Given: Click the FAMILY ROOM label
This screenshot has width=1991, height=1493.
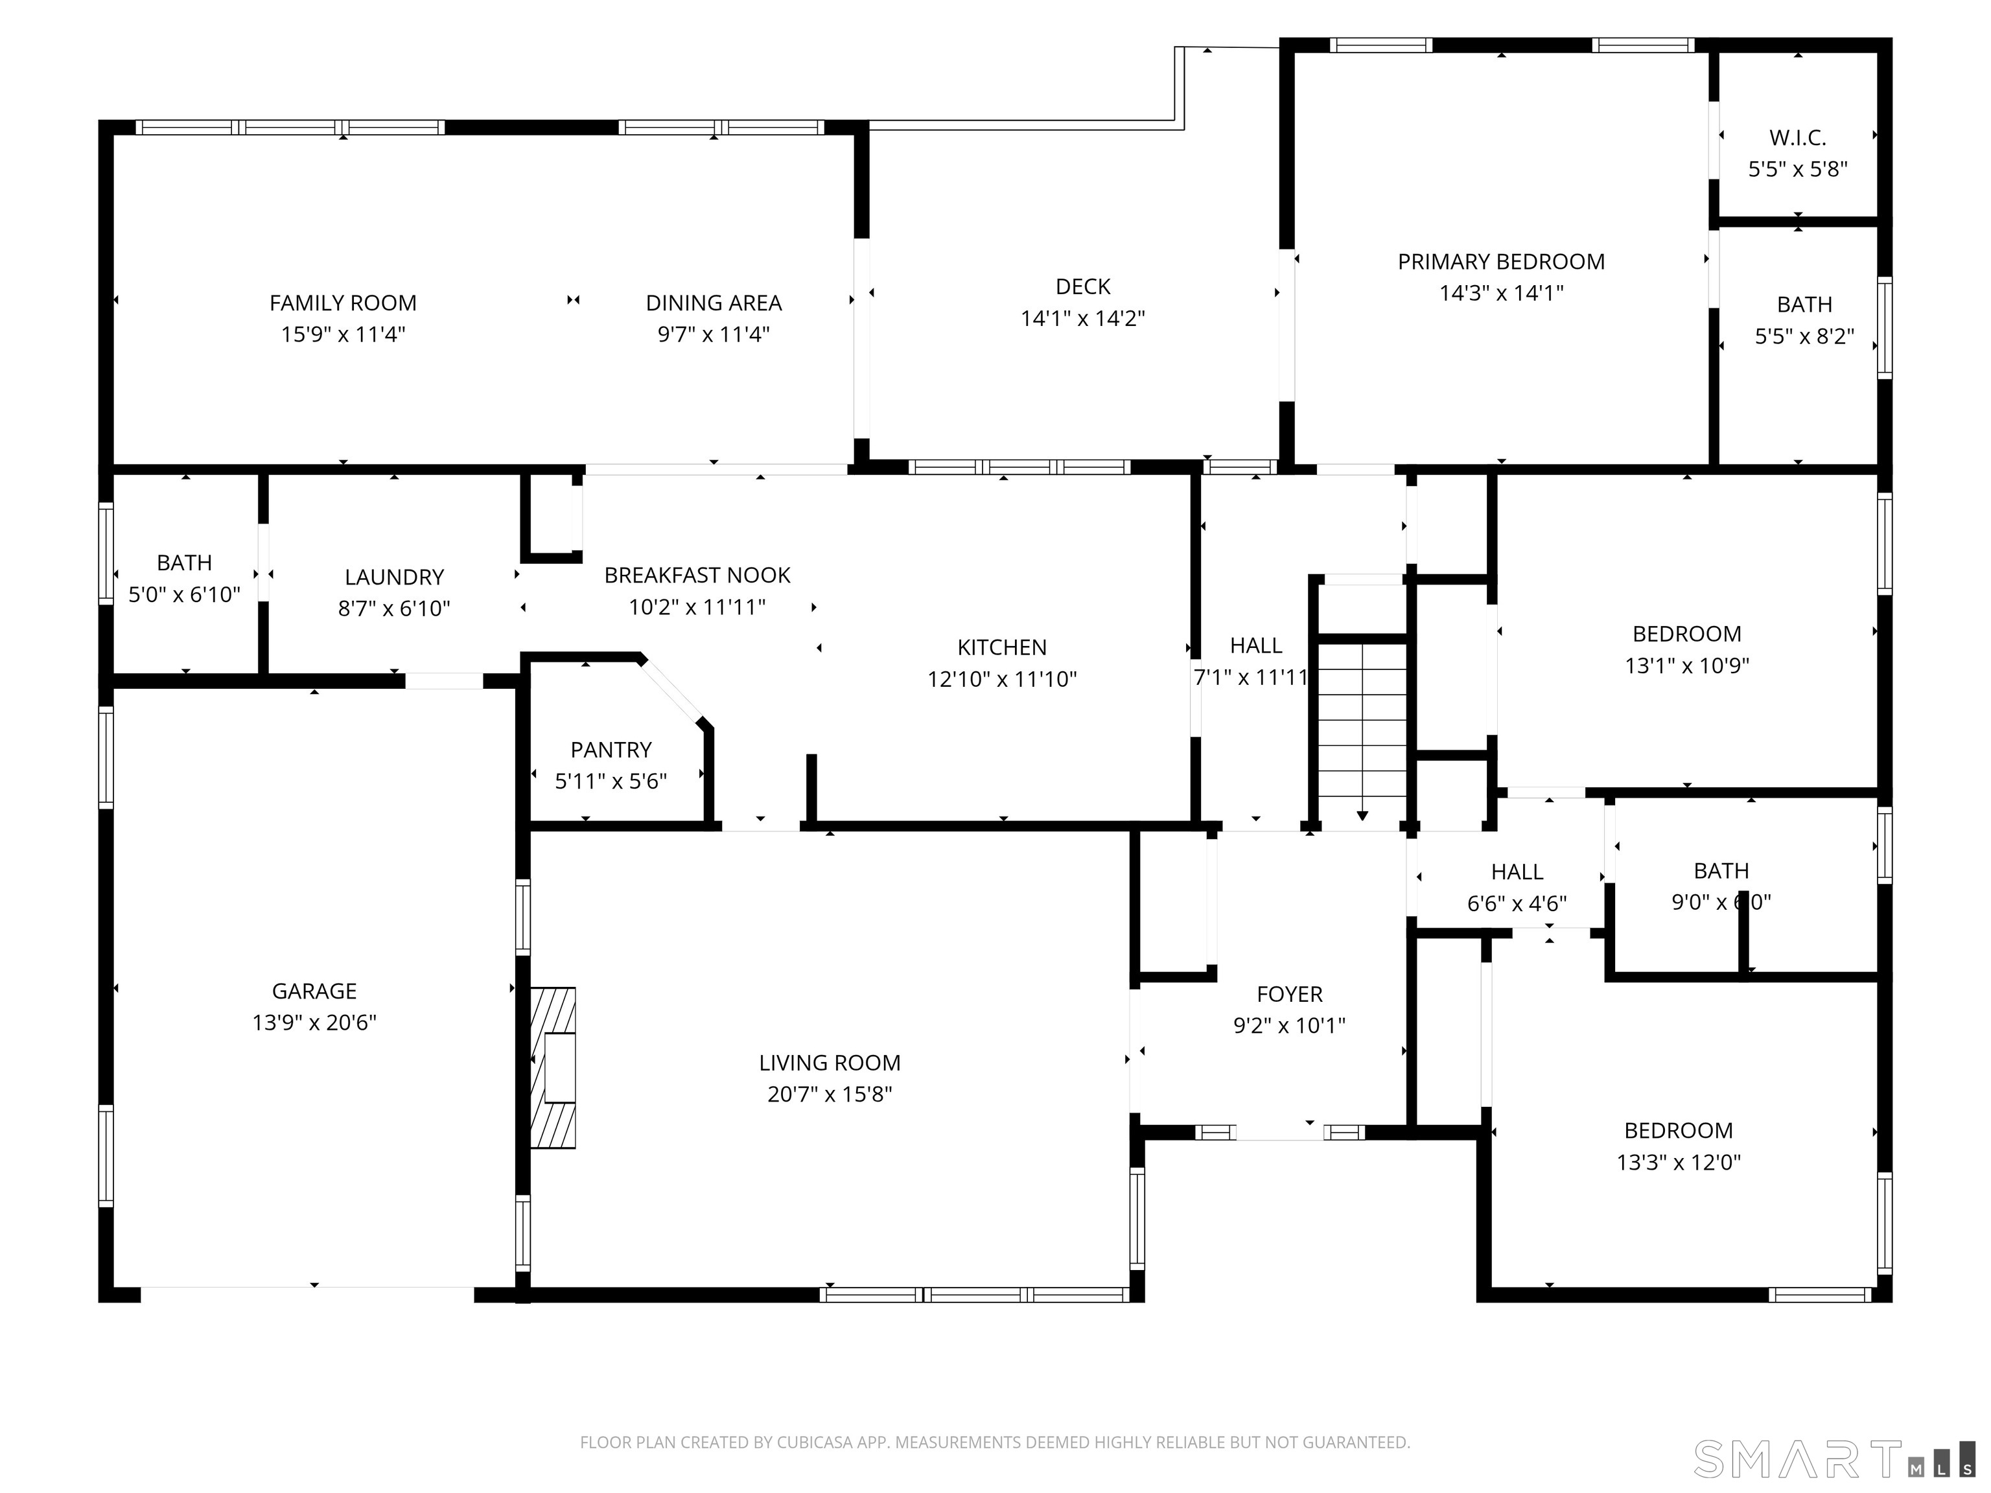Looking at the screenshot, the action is (343, 303).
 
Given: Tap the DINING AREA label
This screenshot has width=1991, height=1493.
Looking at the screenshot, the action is (714, 303).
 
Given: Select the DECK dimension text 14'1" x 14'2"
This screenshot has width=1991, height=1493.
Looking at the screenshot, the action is (1083, 318).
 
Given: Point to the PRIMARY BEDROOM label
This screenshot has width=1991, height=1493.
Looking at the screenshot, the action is (1501, 262).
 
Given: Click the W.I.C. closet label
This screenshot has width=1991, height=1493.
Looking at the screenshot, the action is (1797, 137).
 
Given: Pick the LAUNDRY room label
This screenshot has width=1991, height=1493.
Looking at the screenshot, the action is (394, 577).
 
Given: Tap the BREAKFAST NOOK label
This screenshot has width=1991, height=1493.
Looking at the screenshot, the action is (697, 575).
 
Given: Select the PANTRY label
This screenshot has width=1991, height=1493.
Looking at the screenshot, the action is (611, 750).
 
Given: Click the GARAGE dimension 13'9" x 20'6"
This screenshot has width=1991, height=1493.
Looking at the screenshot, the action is (314, 1023).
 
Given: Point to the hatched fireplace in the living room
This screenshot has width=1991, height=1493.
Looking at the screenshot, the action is (553, 1067).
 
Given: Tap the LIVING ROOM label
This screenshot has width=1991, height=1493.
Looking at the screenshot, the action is (830, 1063).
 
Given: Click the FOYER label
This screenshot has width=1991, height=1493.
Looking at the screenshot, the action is (1290, 995).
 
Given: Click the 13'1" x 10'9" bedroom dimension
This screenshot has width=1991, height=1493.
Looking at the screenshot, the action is (1687, 665).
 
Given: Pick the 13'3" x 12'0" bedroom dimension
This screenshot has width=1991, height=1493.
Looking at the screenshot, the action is (1679, 1162).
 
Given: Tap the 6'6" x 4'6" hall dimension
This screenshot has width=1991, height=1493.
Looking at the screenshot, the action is (1517, 903).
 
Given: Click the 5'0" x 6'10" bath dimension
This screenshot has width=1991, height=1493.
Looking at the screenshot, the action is (185, 594).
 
